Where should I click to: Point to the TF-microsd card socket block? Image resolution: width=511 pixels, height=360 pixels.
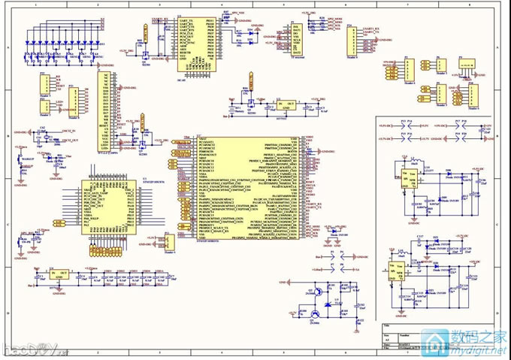click(x=298, y=38)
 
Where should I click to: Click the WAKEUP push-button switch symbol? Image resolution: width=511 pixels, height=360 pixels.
click(x=20, y=160)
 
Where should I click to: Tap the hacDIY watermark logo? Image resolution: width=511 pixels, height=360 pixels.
click(x=29, y=347)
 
